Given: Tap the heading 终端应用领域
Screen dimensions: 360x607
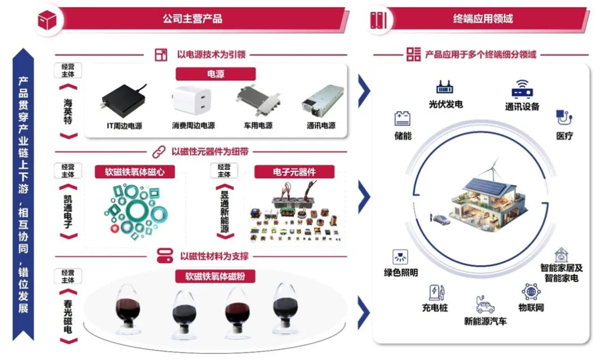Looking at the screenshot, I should tap(483, 19).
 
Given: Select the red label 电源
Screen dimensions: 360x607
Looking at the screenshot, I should tap(216, 74).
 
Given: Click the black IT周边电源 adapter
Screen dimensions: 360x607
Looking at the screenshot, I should tap(123, 101).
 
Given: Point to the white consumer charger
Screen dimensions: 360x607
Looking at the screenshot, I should tap(192, 102).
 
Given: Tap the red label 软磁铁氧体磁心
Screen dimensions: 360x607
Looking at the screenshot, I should tap(135, 171).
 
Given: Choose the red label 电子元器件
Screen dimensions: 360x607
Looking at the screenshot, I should tap(295, 171).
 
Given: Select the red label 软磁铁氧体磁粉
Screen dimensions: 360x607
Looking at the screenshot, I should tap(216, 276).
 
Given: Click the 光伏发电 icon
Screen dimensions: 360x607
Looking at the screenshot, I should tap(445, 88).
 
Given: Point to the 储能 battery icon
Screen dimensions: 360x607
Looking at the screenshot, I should tap(402, 119).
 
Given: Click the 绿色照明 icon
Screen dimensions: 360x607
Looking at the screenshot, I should tap(400, 257).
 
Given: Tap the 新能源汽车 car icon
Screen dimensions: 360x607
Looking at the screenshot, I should tap(485, 305).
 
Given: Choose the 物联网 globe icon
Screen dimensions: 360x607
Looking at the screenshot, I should tap(531, 292).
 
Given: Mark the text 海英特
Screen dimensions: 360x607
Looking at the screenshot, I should tap(68, 111).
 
